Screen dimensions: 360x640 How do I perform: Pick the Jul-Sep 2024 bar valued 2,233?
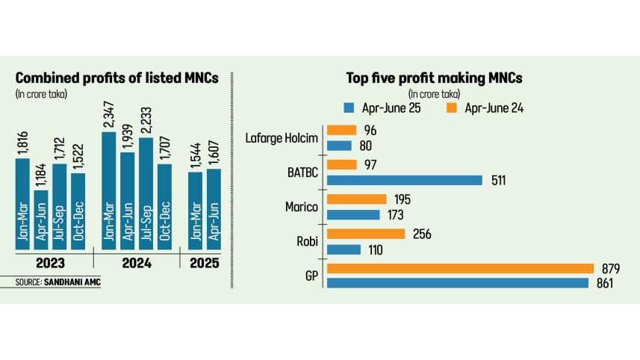pyautogui.click(x=147, y=192)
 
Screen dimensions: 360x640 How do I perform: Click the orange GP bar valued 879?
pyautogui.click(x=460, y=269)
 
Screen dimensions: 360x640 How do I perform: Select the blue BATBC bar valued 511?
pyautogui.click(x=406, y=180)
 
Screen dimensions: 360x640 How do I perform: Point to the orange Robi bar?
pyautogui.click(x=366, y=235)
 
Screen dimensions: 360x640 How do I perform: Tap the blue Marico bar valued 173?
pyautogui.click(x=353, y=215)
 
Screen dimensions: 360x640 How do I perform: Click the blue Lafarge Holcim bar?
pyautogui.click(x=339, y=146)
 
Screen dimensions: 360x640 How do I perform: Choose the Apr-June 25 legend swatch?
pyautogui.click(x=349, y=108)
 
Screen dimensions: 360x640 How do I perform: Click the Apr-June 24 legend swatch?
pyautogui.click(x=453, y=108)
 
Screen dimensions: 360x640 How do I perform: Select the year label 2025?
pyautogui.click(x=204, y=263)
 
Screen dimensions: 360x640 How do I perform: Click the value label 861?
pyautogui.click(x=606, y=284)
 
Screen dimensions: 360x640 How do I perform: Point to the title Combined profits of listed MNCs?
pyautogui.click(x=116, y=78)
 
